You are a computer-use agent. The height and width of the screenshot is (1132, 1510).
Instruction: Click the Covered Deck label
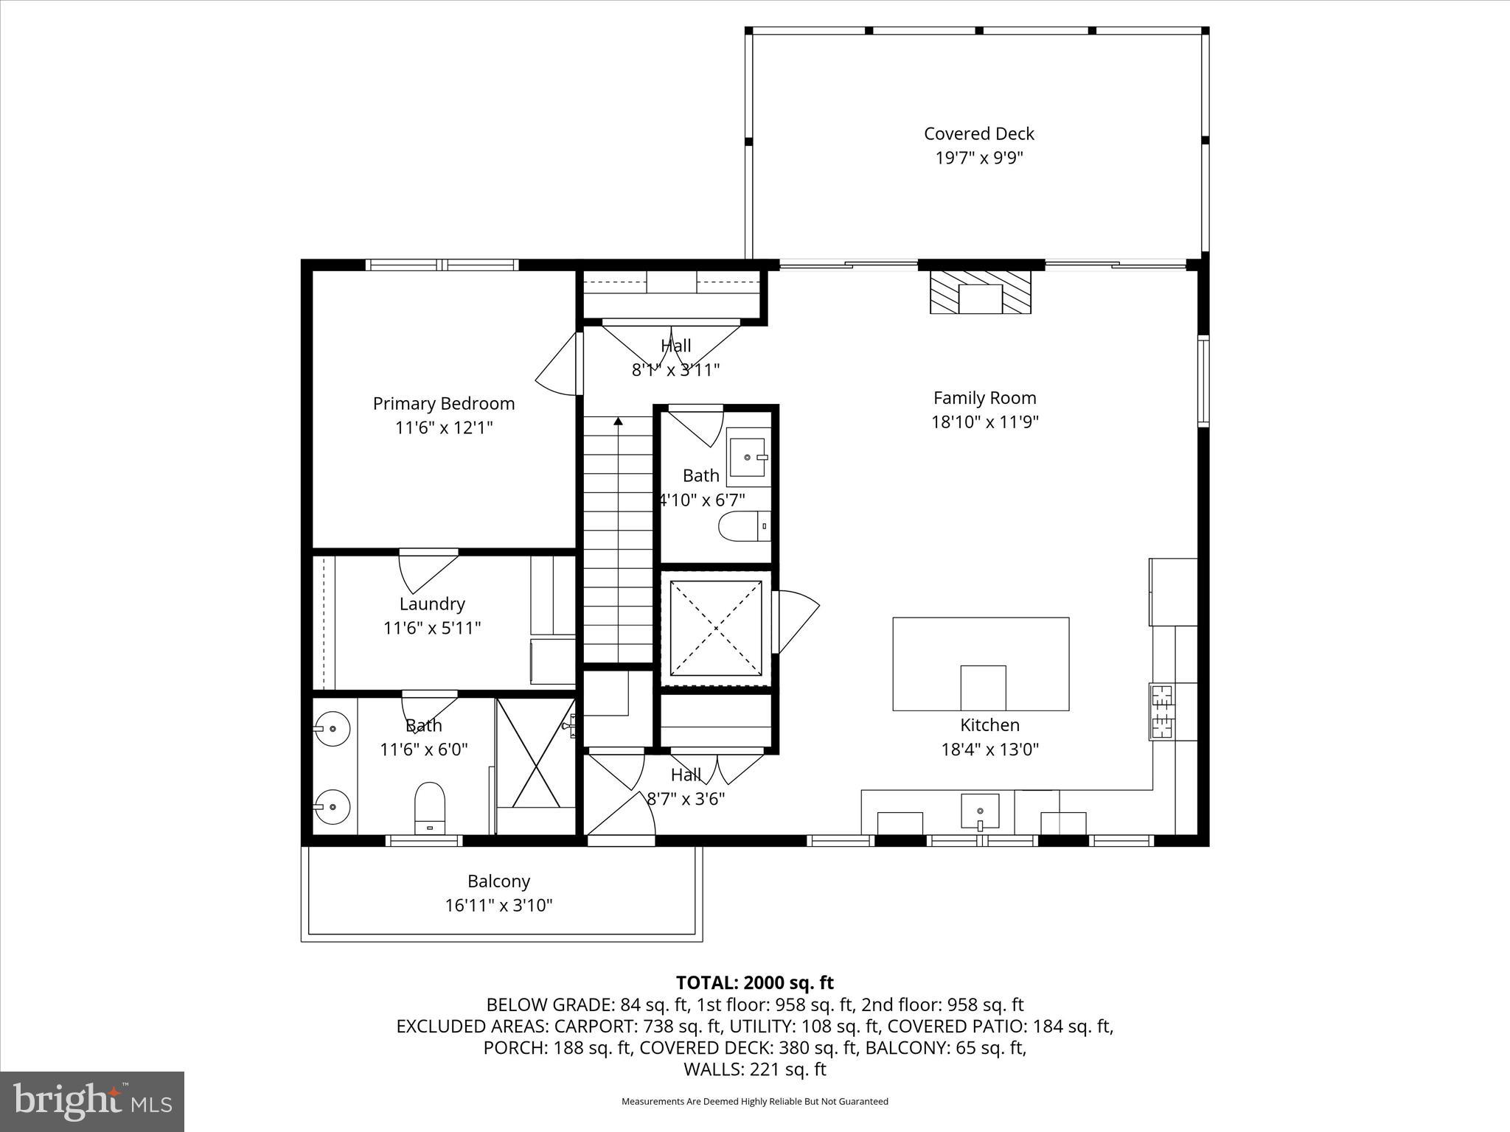coord(978,134)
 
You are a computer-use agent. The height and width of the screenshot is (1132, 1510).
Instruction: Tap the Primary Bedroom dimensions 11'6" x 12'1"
coord(444,427)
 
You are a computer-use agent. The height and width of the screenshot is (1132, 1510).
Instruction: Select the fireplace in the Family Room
coord(980,293)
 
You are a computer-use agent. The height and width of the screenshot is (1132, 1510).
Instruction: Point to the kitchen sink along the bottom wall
coord(980,811)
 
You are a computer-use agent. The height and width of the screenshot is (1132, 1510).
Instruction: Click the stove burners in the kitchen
coord(1163,711)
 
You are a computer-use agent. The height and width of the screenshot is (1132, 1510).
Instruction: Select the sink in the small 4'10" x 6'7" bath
coord(748,457)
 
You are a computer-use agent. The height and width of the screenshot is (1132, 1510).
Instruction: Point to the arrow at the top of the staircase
coord(618,422)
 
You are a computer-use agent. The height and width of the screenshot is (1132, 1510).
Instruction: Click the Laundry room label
coord(432,604)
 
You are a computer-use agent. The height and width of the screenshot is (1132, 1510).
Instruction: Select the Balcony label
coord(498,881)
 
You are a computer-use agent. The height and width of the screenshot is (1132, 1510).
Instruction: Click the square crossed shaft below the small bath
coord(716,628)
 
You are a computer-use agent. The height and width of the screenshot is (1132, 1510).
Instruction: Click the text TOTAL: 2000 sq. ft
coord(754,982)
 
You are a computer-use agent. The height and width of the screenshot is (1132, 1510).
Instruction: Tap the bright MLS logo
coord(92,1102)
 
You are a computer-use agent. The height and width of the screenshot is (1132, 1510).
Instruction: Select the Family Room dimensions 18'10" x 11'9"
coord(984,422)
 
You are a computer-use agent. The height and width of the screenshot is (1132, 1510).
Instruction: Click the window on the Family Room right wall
coord(1203,380)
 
